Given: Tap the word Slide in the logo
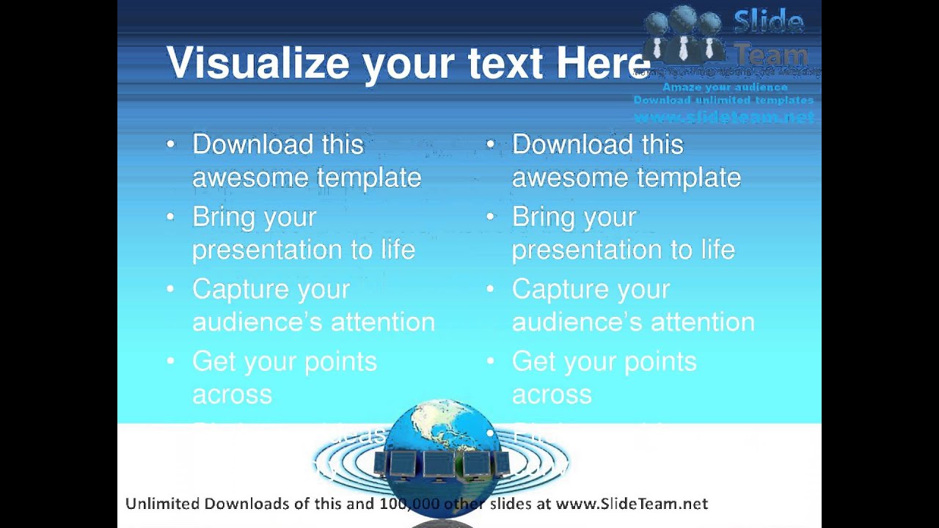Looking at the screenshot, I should pyautogui.click(x=768, y=22).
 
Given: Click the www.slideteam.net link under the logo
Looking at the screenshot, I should pyautogui.click(x=723, y=117).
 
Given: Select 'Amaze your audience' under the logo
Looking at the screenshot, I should pyautogui.click(x=724, y=87).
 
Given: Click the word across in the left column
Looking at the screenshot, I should pyautogui.click(x=232, y=395).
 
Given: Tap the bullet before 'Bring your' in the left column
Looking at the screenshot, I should pyautogui.click(x=170, y=217).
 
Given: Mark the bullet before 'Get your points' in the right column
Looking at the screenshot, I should pyautogui.click(x=490, y=362).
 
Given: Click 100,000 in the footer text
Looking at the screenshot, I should pyautogui.click(x=409, y=504).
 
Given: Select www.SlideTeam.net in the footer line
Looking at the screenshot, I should pyautogui.click(x=632, y=504).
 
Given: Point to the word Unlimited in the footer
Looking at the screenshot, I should pyautogui.click(x=163, y=504).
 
